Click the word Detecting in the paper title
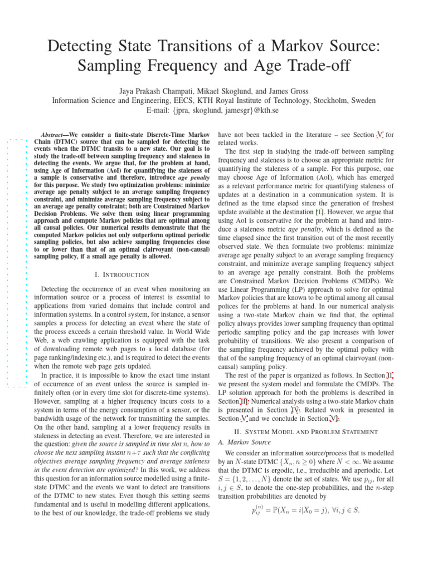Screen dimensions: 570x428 [84, 46]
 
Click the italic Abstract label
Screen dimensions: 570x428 [55, 135]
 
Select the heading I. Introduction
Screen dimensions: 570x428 [122, 274]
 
